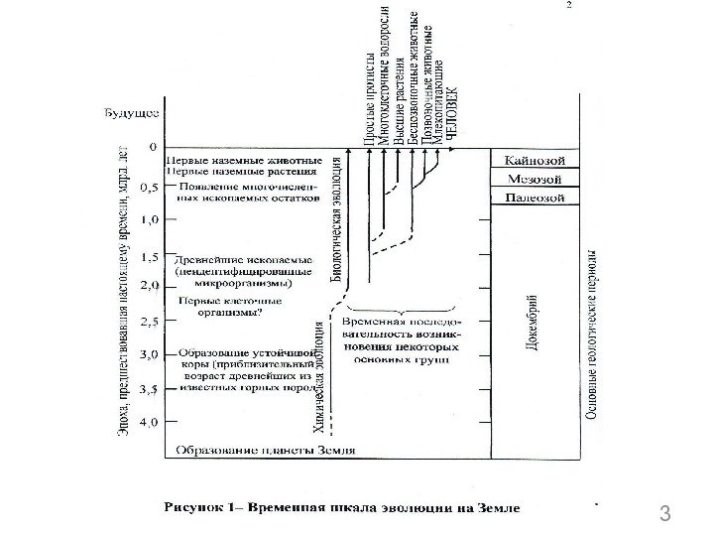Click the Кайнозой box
(x=535, y=160)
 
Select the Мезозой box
(x=535, y=180)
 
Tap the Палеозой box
(x=535, y=199)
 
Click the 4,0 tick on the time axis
(x=146, y=422)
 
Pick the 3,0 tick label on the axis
(x=146, y=354)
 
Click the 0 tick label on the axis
(x=151, y=148)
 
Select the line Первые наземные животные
(x=243, y=159)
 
